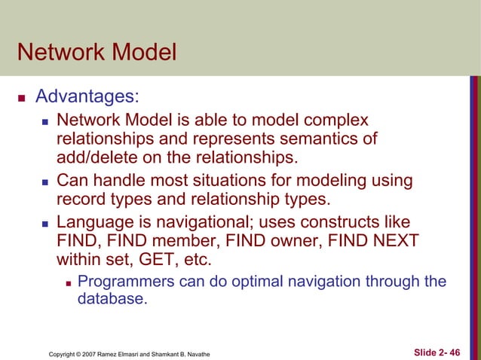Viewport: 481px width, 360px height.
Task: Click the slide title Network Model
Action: pyautogui.click(x=96, y=53)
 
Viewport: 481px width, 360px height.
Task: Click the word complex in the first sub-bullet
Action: pyautogui.click(x=339, y=121)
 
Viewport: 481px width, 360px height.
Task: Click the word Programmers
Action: pyautogui.click(x=125, y=282)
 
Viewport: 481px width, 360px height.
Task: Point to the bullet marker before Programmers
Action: pyautogui.click(x=68, y=283)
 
